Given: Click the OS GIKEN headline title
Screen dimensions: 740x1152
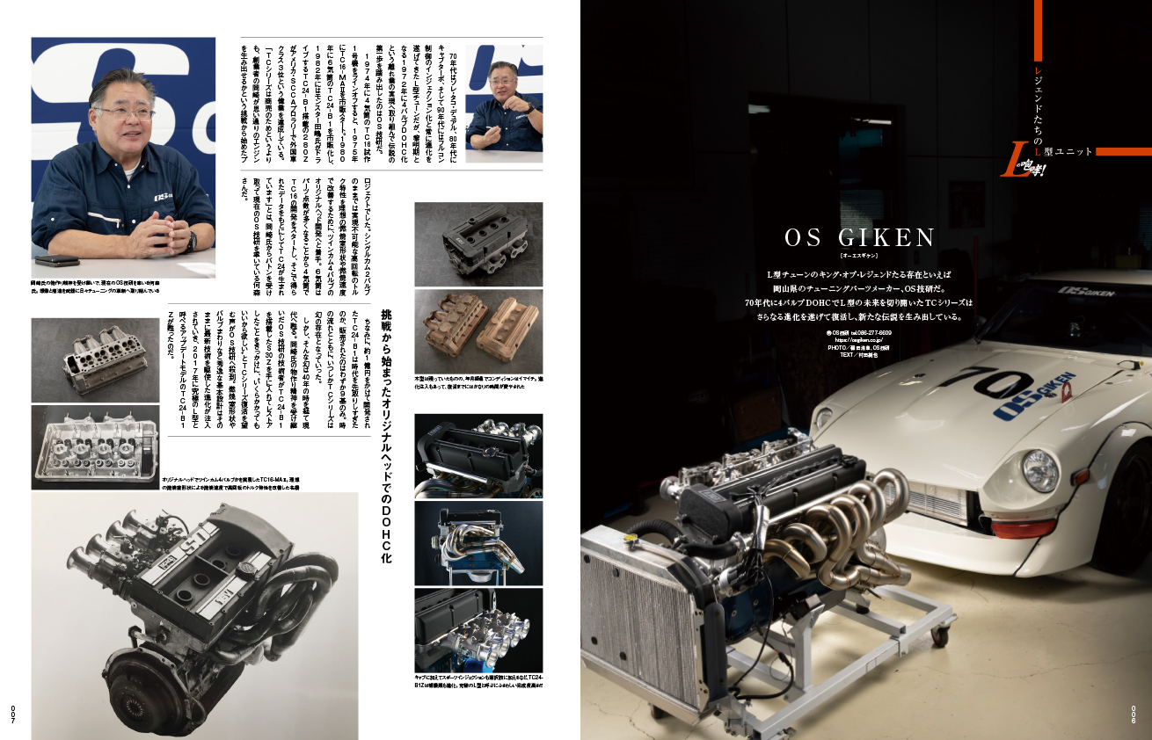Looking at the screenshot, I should point(860,238).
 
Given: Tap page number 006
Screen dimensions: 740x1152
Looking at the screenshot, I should point(1134,713).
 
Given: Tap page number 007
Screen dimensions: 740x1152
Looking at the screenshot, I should point(13,713).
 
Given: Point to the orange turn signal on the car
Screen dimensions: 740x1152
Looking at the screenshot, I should point(1023,528).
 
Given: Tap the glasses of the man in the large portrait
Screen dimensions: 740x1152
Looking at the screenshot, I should point(123,112).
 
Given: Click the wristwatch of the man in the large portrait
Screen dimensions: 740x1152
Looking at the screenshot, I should point(190,241).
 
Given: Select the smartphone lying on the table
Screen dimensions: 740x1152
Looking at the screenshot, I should point(56,260).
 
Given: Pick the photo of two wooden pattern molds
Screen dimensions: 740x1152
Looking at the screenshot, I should point(478,331).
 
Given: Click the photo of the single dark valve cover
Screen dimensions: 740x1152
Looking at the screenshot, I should point(478,243).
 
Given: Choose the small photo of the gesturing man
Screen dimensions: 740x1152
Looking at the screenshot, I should point(503,104).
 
